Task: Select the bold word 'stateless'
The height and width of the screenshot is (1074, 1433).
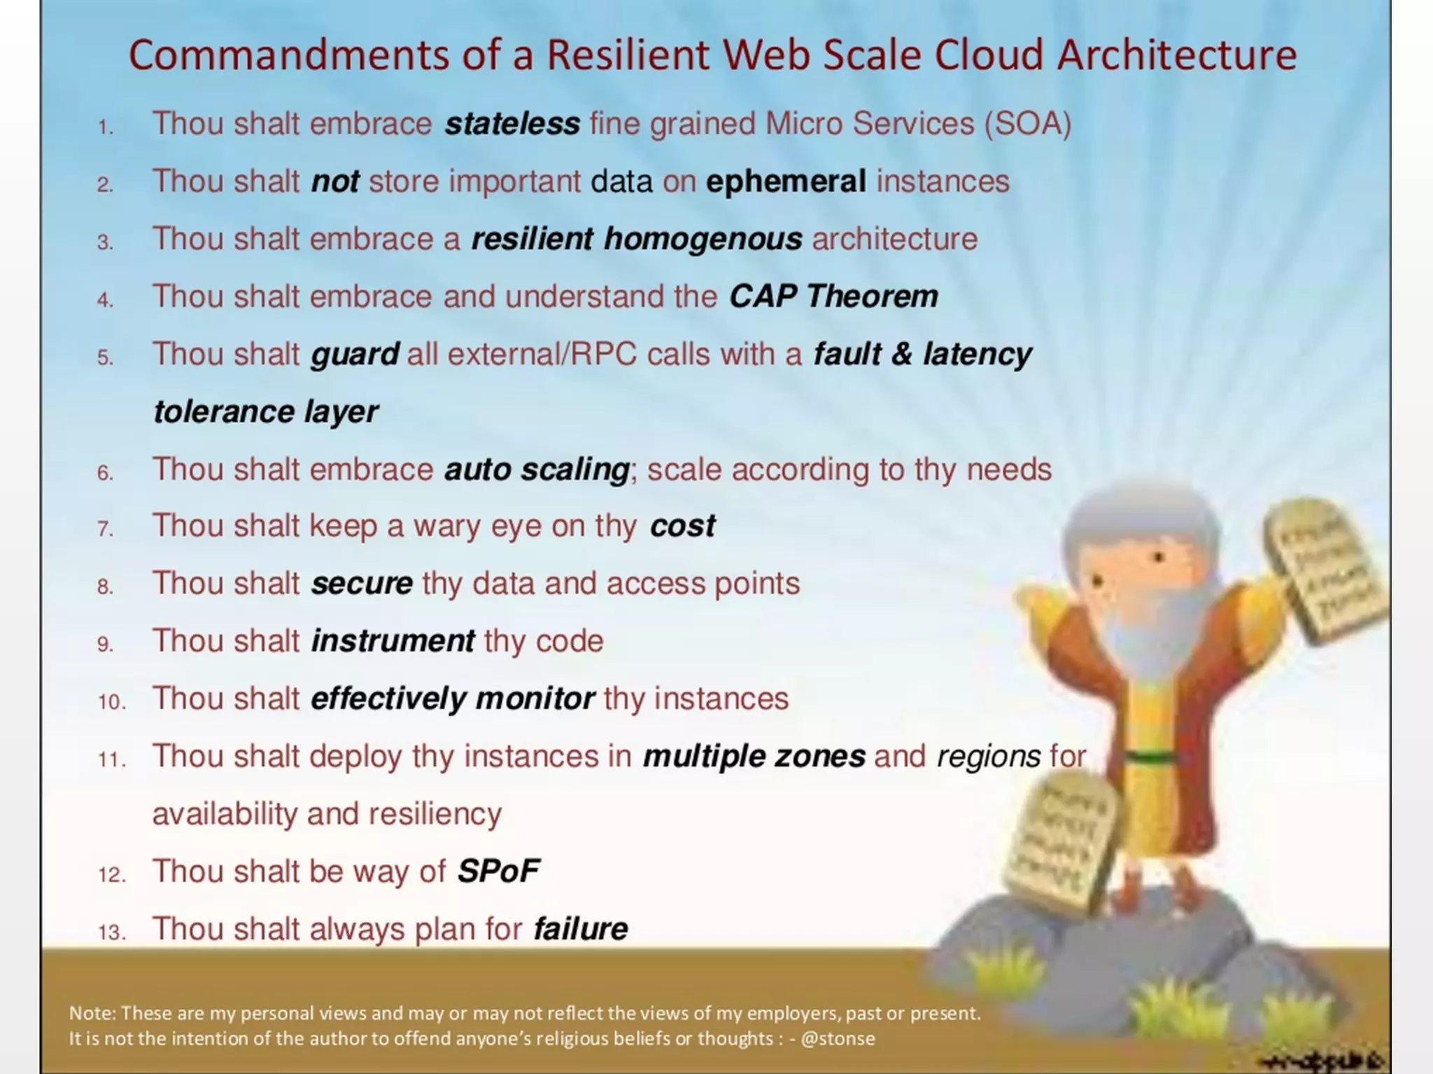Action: [512, 124]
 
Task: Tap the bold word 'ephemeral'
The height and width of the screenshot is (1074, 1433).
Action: [786, 182]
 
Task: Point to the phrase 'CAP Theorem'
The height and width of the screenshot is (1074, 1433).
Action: [833, 296]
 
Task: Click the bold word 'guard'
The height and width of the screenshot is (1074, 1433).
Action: [355, 355]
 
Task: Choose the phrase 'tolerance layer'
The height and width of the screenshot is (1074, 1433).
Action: [265, 412]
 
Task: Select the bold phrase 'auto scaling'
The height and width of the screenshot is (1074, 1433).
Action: [537, 469]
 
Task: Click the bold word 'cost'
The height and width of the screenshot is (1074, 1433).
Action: [682, 526]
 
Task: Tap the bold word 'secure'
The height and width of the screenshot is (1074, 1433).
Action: [362, 584]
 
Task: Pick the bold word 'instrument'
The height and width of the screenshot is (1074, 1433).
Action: [393, 641]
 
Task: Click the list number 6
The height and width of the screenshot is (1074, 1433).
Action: [105, 473]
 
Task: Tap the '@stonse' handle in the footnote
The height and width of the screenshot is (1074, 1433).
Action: [838, 1038]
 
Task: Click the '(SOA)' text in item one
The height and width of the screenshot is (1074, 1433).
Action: [1028, 124]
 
